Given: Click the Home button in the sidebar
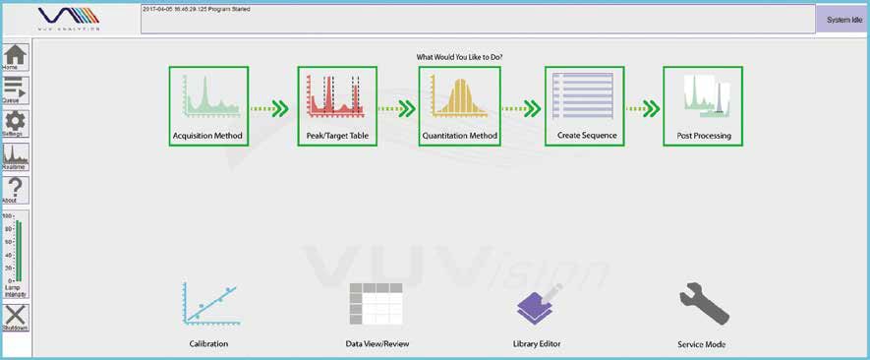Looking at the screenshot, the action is (x=16, y=57).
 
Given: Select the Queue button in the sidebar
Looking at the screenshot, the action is (x=16, y=90).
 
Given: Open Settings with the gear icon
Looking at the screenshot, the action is (x=16, y=124).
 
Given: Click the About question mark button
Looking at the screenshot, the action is (x=16, y=190).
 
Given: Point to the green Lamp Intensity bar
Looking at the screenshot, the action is (x=18, y=250).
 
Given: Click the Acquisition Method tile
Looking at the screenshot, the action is (x=208, y=106).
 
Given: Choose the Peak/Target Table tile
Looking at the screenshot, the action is (x=337, y=106).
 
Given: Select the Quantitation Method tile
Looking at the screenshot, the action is (x=459, y=106).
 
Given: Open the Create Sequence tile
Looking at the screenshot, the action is (x=585, y=106).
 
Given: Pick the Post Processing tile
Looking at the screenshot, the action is (x=703, y=106).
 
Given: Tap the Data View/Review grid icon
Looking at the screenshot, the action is (x=377, y=304).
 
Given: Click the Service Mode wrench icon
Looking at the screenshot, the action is (x=702, y=306).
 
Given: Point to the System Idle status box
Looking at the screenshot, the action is (x=843, y=20).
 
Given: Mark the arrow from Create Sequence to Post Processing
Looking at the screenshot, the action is (x=644, y=108).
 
